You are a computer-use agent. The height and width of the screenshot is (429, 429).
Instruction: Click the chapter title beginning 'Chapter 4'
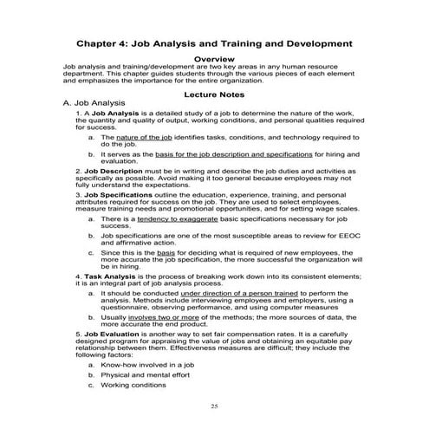pos(214,42)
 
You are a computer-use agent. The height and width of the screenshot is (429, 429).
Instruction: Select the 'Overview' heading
pos(214,58)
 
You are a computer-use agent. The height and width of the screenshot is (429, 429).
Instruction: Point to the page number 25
pos(215,406)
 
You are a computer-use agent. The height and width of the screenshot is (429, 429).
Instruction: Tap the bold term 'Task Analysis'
pos(107,275)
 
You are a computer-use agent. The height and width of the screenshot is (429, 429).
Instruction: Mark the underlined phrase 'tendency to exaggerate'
pos(181,219)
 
